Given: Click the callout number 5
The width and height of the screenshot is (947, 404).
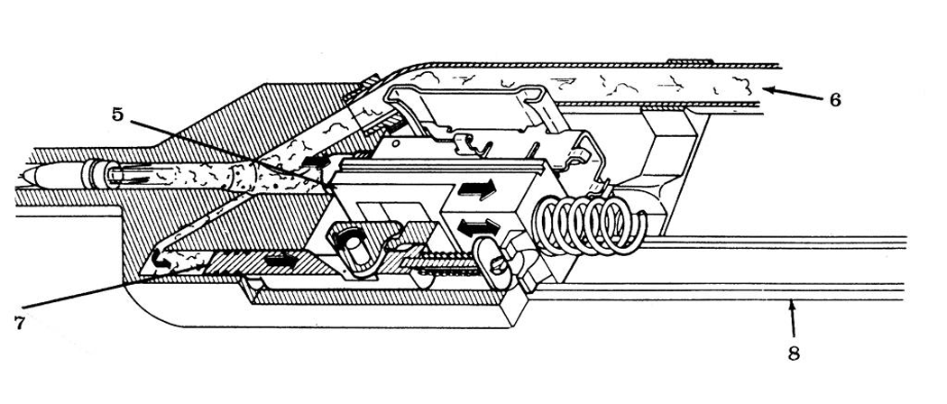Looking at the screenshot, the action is coord(117,115).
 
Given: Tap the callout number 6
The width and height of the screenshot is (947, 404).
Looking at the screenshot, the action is coord(834,100).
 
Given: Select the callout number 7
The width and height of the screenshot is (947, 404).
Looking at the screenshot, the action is coord(20,323).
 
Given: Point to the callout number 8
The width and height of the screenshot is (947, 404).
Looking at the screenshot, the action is coord(795,353).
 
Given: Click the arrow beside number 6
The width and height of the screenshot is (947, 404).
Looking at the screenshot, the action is coord(790,94).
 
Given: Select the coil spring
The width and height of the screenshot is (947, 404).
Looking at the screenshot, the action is coord(590,224).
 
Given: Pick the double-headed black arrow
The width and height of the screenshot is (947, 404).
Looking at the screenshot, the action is coord(479,227).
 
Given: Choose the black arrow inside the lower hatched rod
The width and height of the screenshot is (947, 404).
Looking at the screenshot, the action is coord(280,261).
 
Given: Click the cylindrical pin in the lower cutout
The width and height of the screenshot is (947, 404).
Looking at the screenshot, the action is coord(355,244).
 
